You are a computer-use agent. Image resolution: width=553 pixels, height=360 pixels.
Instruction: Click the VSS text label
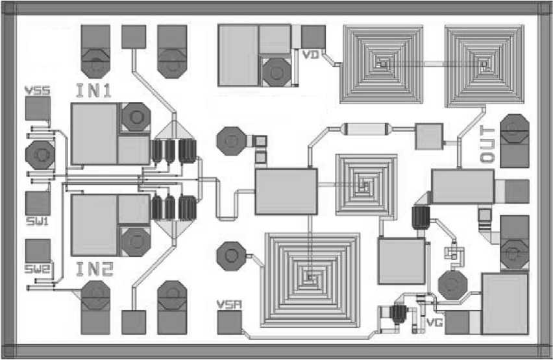click(x=37, y=90)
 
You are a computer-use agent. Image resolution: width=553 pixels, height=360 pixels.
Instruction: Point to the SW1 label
click(x=37, y=221)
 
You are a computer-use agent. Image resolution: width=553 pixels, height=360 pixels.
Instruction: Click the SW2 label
click(x=37, y=268)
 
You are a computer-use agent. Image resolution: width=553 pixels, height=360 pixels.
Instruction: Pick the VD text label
click(x=311, y=54)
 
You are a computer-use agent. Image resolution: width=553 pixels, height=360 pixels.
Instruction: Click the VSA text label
click(x=228, y=304)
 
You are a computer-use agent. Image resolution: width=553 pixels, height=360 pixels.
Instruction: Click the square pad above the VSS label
click(x=38, y=109)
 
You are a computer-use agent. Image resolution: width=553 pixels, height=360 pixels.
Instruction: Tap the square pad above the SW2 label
click(x=38, y=251)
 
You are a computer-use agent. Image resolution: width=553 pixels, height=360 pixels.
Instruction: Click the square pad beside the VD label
click(x=313, y=36)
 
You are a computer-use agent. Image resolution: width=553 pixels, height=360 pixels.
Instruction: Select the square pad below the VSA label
click(x=229, y=322)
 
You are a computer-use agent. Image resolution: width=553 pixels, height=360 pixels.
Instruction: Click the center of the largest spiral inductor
click(x=312, y=279)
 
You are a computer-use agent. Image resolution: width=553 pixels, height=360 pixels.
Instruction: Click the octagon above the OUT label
click(x=514, y=128)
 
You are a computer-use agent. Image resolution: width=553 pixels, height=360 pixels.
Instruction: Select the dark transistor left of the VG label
click(x=398, y=314)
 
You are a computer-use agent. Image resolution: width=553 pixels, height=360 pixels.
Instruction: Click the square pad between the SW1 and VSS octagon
click(x=38, y=202)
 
